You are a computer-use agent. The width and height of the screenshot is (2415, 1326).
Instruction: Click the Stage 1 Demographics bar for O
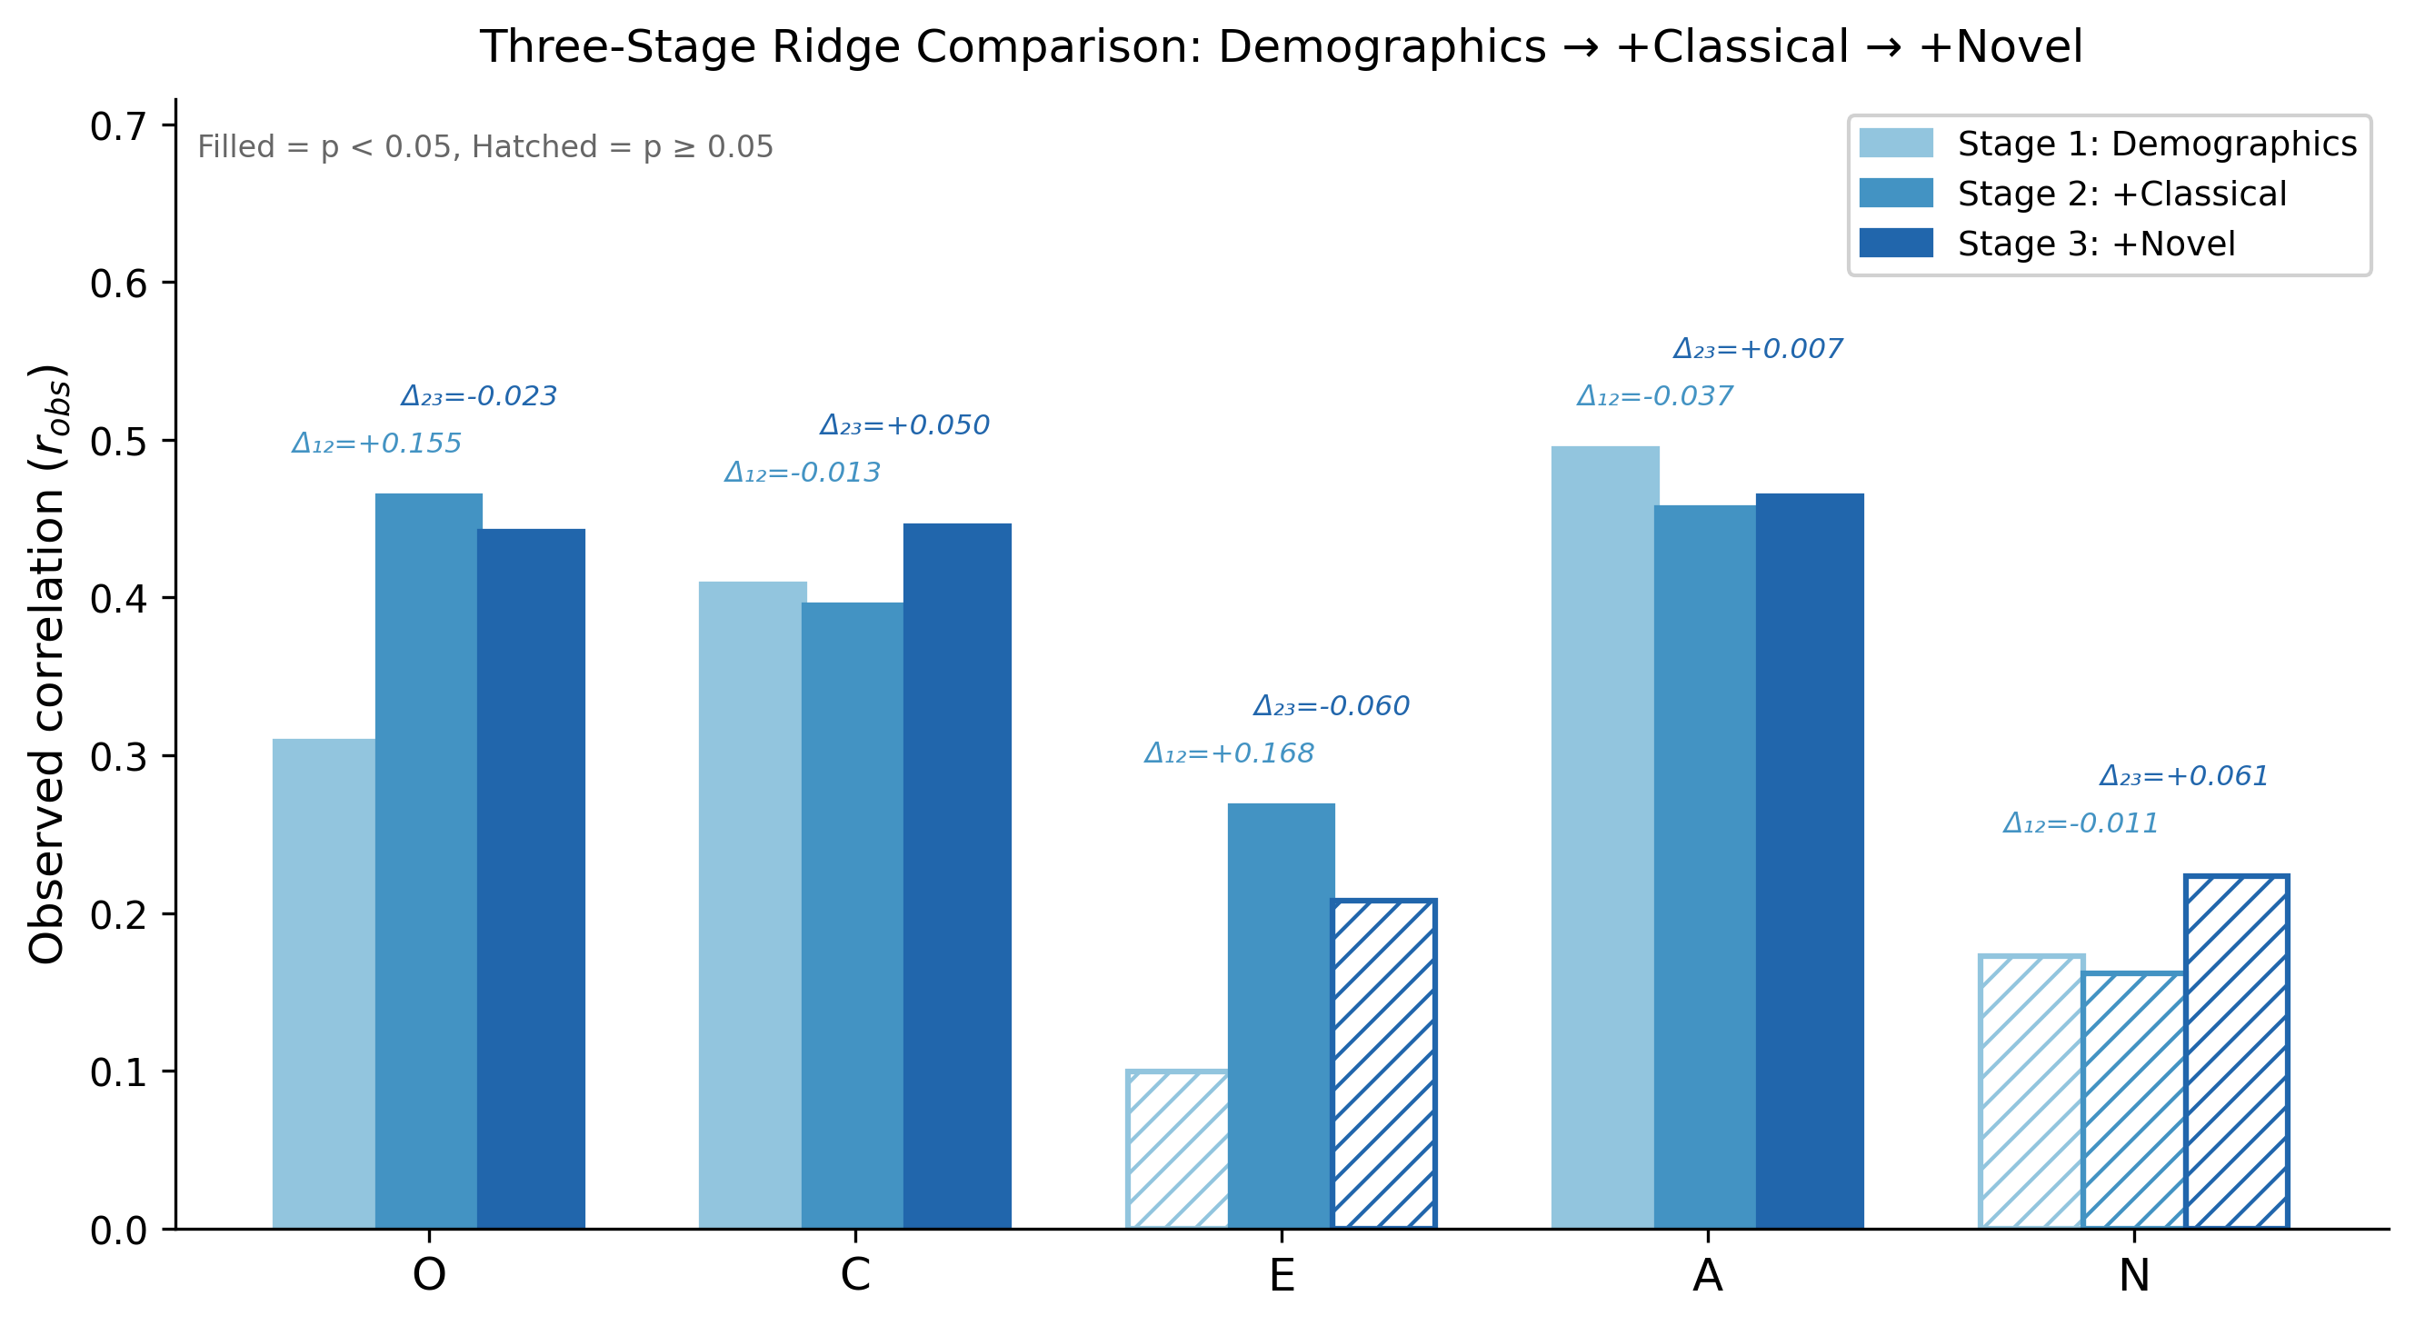click(x=324, y=983)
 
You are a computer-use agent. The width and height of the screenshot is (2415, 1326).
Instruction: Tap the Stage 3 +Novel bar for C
click(x=957, y=875)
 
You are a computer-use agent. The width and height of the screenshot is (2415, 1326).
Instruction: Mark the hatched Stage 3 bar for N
click(x=2236, y=1052)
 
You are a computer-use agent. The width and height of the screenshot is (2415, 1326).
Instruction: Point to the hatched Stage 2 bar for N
click(x=2133, y=1101)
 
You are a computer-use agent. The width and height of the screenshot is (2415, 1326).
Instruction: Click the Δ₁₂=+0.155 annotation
click(x=377, y=444)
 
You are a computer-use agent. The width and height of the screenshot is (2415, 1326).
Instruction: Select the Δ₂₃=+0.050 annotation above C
click(x=904, y=425)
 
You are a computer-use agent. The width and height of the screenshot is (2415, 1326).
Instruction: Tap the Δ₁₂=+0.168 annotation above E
click(x=1229, y=753)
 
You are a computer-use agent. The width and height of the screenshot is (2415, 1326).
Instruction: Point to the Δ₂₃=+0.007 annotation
click(x=1758, y=350)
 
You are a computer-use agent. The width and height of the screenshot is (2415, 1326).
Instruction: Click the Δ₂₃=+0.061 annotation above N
click(x=2183, y=776)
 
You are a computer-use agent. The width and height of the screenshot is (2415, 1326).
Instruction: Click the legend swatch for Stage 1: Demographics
click(x=1896, y=144)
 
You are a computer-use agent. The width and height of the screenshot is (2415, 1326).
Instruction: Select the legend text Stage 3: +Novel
click(x=2096, y=244)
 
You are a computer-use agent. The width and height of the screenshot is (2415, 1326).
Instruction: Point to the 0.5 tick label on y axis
click(x=119, y=442)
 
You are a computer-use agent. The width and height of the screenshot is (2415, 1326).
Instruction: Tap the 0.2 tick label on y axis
click(x=119, y=914)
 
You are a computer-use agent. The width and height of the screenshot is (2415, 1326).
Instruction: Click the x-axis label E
click(x=1282, y=1275)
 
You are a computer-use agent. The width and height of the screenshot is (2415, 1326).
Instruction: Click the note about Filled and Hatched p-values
click(x=484, y=147)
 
